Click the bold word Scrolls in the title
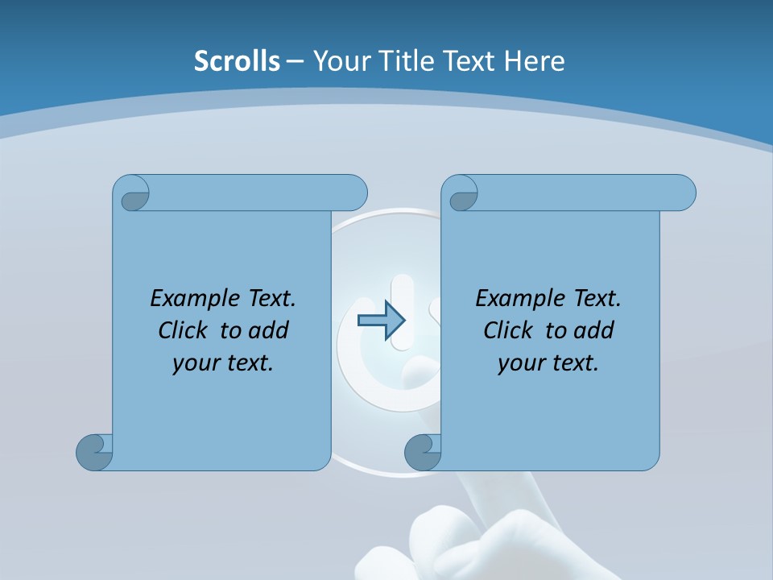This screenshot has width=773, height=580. (x=238, y=61)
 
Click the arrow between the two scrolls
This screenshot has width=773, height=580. (x=381, y=320)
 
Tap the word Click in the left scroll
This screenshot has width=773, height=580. (x=182, y=330)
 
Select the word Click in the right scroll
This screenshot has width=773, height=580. (x=507, y=330)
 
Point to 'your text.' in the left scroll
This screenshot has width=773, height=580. (x=223, y=362)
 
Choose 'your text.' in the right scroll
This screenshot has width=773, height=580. (x=548, y=362)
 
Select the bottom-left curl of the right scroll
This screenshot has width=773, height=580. (x=423, y=452)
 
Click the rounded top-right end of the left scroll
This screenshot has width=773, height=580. (x=354, y=193)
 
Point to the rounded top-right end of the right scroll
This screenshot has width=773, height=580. (x=683, y=193)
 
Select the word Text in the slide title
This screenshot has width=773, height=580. (x=469, y=61)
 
